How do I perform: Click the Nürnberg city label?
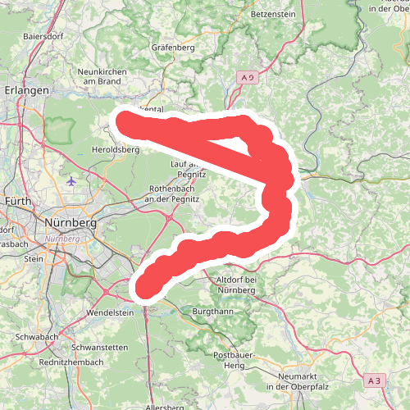pos(73,222)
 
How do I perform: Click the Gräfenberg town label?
pos(172,47)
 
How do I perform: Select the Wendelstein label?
pos(109,313)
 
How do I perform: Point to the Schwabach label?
pos(35,337)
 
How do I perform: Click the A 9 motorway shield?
pos(248,76)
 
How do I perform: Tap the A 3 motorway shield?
pos(375,380)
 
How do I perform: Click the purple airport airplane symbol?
pos(72,180)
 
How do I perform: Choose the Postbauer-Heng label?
pos(230,359)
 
